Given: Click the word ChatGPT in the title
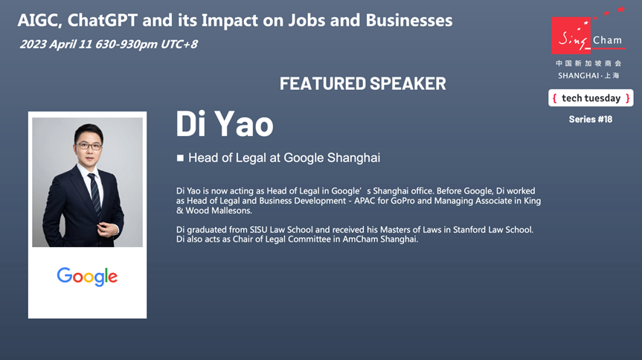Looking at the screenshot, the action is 103,20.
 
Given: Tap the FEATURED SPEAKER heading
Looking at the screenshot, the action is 363,83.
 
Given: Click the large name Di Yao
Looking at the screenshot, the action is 225,123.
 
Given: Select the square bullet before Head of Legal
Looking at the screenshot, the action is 180,158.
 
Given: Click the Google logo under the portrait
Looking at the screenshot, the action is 87,277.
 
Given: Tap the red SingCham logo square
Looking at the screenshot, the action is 571,36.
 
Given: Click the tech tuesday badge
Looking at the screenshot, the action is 591,98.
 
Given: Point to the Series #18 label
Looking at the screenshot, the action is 591,119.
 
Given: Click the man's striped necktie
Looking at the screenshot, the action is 94,193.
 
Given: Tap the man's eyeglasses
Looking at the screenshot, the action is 89,145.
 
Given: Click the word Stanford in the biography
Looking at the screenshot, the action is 469,230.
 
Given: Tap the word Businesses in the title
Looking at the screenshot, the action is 409,20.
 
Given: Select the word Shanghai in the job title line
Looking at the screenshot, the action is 354,158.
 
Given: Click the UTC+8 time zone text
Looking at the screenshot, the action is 179,44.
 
